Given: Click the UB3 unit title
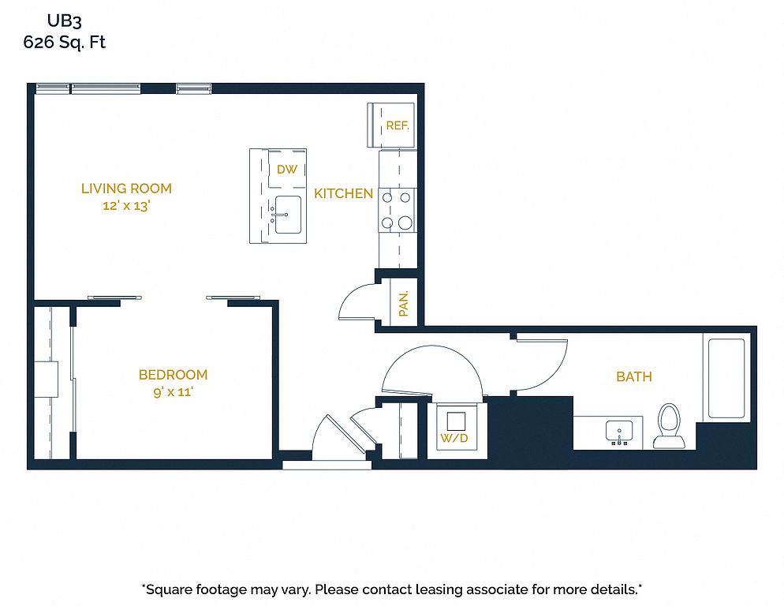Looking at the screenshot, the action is (x=64, y=21).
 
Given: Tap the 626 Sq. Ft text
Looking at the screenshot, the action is (x=64, y=42).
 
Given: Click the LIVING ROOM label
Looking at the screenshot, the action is (x=126, y=189).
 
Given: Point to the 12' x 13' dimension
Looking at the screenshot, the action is (x=126, y=206).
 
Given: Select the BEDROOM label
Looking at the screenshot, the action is (x=173, y=375).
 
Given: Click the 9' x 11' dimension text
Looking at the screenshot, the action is (x=173, y=392).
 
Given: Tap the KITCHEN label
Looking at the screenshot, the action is (x=344, y=193).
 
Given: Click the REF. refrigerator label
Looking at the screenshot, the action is (x=398, y=125).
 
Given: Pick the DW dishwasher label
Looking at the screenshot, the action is (x=287, y=170).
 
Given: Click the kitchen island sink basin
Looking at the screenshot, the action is (x=288, y=215).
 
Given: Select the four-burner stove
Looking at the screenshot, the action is (x=397, y=210).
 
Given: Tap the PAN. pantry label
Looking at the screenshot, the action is (x=404, y=303).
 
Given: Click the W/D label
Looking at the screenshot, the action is (x=454, y=439).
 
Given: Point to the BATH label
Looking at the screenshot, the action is (x=634, y=377).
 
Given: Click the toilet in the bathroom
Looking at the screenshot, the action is (x=669, y=426).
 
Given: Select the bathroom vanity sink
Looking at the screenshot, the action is (x=619, y=432).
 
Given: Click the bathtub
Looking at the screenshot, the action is (x=726, y=378).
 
